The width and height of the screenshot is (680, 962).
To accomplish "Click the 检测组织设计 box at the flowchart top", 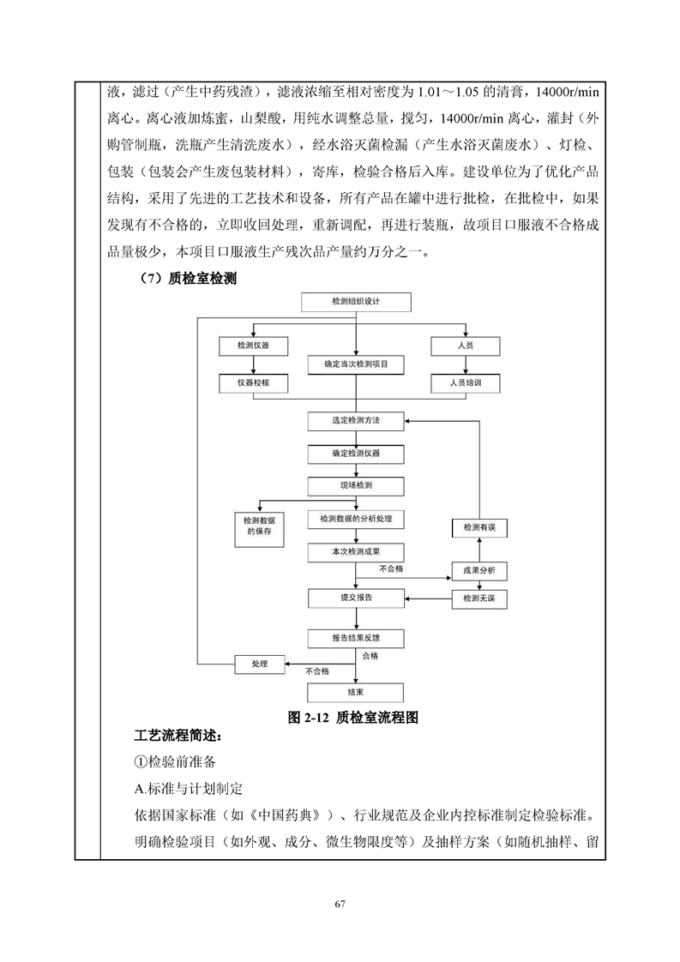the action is pyautogui.click(x=356, y=302).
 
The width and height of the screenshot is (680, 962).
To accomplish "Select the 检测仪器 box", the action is pyautogui.click(x=254, y=346).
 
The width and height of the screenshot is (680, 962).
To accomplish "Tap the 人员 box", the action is pyautogui.click(x=466, y=346).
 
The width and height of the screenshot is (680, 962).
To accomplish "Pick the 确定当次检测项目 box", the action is pyautogui.click(x=356, y=364).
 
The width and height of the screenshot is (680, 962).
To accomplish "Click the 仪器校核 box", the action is pyautogui.click(x=254, y=383).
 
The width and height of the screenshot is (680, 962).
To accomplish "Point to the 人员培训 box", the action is pyautogui.click(x=466, y=383).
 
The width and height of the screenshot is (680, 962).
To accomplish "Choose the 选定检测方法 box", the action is pyautogui.click(x=356, y=421).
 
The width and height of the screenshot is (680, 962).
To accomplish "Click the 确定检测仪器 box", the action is pyautogui.click(x=356, y=454).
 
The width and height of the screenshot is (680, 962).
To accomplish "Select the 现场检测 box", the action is pyautogui.click(x=356, y=486).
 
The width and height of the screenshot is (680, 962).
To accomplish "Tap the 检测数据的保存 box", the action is pyautogui.click(x=260, y=529).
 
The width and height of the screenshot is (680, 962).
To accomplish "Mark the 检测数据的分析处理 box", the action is pyautogui.click(x=356, y=519).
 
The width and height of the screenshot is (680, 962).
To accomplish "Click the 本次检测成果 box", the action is pyautogui.click(x=356, y=552).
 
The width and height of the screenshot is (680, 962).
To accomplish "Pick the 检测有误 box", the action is pyautogui.click(x=479, y=528).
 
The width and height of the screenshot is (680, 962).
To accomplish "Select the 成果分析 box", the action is pyautogui.click(x=479, y=571).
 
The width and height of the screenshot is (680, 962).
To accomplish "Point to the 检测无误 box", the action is pyautogui.click(x=479, y=598).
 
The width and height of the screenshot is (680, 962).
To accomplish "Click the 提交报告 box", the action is pyautogui.click(x=356, y=598).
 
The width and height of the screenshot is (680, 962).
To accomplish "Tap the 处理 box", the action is pyautogui.click(x=260, y=664).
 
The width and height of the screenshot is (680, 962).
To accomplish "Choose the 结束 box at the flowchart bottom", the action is pyautogui.click(x=356, y=693).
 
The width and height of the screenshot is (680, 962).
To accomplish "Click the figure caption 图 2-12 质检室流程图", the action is pyautogui.click(x=353, y=718).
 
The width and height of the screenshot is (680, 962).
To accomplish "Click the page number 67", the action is pyautogui.click(x=340, y=904).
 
